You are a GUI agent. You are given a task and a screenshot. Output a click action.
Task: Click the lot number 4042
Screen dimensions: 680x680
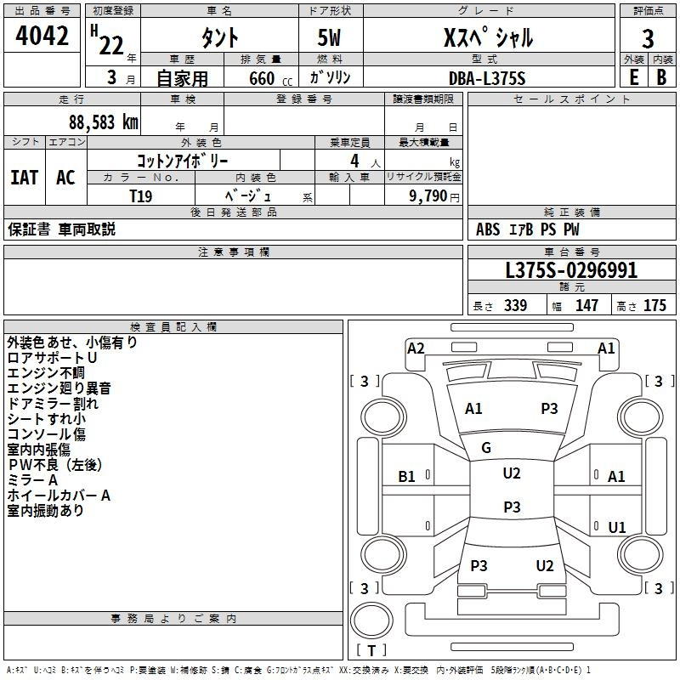(x=42, y=36)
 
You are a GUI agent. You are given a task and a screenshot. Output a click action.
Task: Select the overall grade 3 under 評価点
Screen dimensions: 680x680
(x=648, y=39)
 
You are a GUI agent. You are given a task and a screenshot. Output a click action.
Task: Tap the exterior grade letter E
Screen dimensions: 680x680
(x=633, y=77)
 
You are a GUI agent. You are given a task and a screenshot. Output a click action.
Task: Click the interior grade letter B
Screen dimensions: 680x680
(x=661, y=77)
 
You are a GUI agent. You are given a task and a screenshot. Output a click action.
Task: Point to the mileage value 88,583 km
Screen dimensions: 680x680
(x=103, y=122)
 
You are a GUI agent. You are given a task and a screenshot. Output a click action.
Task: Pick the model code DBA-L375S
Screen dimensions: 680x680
(x=487, y=78)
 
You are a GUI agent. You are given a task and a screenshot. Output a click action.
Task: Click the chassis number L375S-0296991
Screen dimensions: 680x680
(x=571, y=270)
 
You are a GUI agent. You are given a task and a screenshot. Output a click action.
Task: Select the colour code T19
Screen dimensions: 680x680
(x=141, y=196)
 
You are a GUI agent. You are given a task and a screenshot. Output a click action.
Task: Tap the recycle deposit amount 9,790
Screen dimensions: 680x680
(x=428, y=195)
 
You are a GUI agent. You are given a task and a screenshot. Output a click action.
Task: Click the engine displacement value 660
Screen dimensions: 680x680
(x=262, y=78)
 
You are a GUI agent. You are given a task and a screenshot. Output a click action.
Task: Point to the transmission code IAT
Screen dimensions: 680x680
(x=24, y=178)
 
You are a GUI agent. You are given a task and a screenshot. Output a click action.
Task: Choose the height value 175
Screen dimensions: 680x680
(x=654, y=305)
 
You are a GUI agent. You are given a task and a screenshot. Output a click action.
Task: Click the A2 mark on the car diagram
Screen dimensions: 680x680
(x=416, y=348)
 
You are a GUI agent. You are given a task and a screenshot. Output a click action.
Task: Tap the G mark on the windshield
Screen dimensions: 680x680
(x=486, y=448)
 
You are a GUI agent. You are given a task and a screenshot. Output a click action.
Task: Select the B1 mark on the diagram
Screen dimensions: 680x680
(x=406, y=477)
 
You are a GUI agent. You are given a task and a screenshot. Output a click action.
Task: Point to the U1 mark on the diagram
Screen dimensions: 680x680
(x=617, y=527)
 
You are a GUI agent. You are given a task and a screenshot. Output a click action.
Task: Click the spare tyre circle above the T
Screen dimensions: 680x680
(x=371, y=620)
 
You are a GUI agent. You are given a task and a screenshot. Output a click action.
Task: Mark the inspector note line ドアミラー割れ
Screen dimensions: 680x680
(x=53, y=403)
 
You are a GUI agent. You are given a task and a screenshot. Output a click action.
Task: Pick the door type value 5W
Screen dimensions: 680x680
(x=329, y=37)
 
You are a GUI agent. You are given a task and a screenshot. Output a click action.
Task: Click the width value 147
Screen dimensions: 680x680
(x=586, y=305)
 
